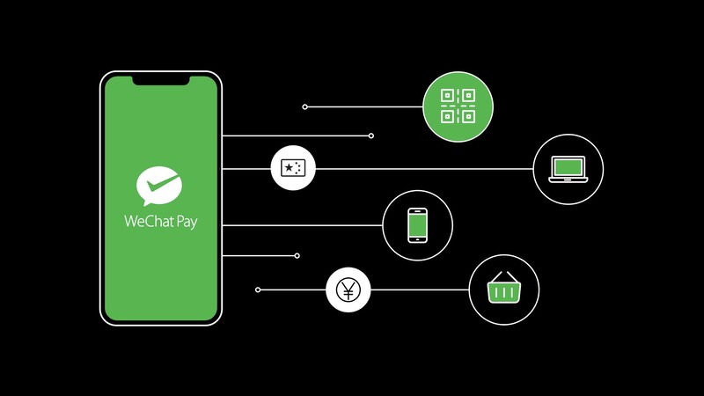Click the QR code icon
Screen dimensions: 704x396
pos(458,106)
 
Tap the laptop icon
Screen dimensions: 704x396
pos(568,169)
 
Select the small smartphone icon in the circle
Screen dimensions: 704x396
pos(417,225)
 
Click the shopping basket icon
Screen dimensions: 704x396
pos(503,287)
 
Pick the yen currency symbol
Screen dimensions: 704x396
pos(348,290)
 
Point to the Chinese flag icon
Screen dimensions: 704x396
pos(293,168)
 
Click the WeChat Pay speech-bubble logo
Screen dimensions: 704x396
pos(159,186)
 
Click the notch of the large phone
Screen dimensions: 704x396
pos(161,81)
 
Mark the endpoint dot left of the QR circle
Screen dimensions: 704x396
pos(304,106)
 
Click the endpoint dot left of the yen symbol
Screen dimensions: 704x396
pos(258,290)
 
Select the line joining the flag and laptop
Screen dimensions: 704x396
pos(424,169)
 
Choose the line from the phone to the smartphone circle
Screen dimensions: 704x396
pos(302,225)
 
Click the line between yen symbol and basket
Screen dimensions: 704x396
pos(420,290)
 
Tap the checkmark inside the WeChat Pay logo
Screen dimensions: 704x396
pos(161,182)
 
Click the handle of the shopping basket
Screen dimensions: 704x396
pos(503,276)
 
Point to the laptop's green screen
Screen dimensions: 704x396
pos(568,167)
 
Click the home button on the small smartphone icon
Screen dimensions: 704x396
pos(417,239)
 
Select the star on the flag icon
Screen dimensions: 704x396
pos(289,168)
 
